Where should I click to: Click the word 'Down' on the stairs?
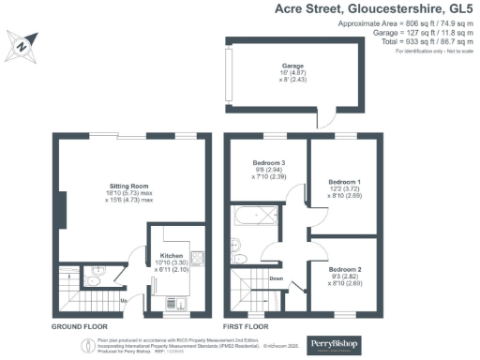click(277, 278)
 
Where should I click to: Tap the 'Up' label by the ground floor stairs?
click(125, 300)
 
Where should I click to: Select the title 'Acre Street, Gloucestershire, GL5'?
click(374, 10)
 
